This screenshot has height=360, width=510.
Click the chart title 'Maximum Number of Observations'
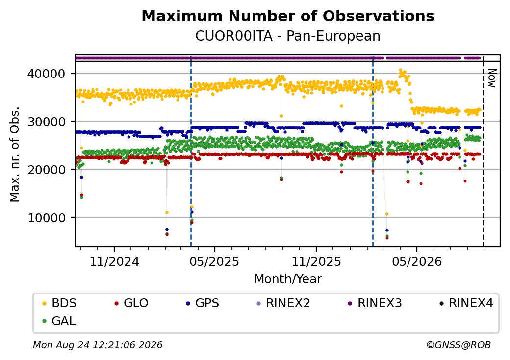(288, 16)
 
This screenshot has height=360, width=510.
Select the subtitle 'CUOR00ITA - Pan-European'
(288, 36)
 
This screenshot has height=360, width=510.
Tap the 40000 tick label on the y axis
(46, 74)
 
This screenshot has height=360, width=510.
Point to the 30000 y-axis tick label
(46, 122)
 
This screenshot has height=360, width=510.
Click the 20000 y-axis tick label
(46, 169)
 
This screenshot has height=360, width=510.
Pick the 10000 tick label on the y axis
(46, 218)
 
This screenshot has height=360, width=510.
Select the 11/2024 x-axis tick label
(114, 261)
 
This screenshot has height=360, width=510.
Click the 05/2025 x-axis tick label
(214, 261)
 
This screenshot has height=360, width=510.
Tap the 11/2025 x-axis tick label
(316, 261)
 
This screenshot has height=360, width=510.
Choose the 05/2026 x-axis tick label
(417, 261)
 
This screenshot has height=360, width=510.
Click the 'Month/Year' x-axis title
(288, 279)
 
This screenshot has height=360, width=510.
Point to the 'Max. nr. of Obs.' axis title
(15, 154)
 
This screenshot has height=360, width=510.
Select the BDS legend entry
(59, 303)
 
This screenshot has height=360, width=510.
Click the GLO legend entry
(131, 303)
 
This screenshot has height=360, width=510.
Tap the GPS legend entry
(203, 303)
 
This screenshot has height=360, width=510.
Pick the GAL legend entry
(59, 321)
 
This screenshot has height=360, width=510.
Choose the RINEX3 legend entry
(375, 303)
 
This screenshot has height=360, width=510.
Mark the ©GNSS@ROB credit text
(459, 345)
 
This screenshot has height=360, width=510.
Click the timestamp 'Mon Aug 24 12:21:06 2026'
(98, 345)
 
